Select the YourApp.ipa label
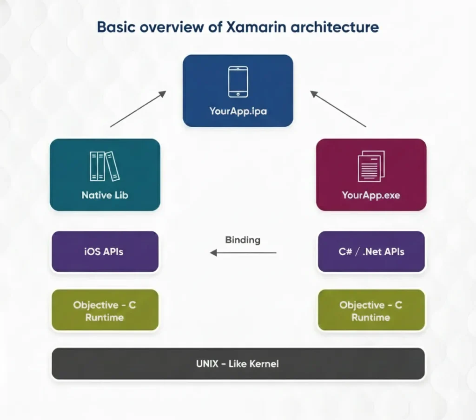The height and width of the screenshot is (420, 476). coord(238,112)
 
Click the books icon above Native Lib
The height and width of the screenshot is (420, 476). coord(105,166)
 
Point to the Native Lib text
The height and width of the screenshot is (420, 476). coord(105,195)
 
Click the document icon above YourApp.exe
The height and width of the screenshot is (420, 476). coord(371,166)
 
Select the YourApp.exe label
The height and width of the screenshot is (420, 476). coord(371,195)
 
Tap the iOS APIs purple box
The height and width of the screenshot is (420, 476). coord(105,251)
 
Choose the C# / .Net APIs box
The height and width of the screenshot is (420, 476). coord(371,251)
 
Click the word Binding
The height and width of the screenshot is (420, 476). coord(243,240)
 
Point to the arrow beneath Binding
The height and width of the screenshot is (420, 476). coord(243,253)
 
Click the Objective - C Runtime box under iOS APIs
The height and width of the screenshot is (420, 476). coord(105,311)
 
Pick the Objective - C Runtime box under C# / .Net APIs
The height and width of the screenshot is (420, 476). coord(371,311)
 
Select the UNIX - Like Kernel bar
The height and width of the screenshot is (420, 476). coord(238,363)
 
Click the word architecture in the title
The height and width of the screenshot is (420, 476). coord(335,27)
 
